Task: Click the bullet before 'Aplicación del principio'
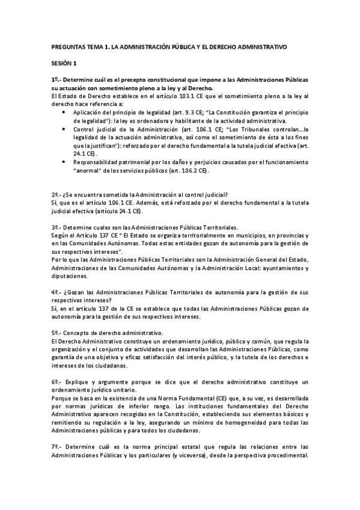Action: point(64,112)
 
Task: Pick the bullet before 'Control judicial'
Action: point(64,129)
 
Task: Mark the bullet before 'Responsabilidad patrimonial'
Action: point(64,162)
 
